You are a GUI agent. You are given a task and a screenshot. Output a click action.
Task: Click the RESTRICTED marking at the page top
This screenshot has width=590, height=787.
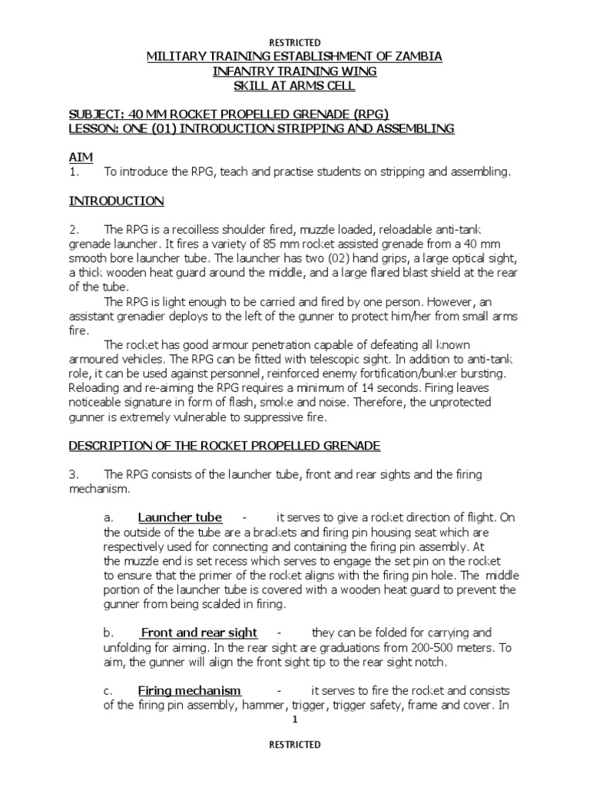[x=294, y=42]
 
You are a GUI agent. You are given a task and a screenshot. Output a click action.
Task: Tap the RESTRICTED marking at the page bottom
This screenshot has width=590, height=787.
[x=294, y=745]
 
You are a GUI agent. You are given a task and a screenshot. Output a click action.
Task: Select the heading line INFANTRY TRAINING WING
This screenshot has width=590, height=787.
[x=294, y=71]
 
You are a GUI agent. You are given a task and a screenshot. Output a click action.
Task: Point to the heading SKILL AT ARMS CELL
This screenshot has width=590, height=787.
[x=294, y=86]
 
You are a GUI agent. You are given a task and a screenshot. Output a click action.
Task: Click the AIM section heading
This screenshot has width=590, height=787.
[x=81, y=157]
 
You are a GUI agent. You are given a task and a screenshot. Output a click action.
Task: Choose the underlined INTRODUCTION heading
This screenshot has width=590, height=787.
[x=116, y=201]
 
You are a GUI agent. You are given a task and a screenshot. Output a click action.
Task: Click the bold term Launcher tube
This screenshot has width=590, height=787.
[x=180, y=517]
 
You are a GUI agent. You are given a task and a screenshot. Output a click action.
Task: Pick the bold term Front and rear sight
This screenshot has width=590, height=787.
[x=199, y=633]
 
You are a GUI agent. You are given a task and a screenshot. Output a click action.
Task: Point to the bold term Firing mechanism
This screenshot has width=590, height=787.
[x=190, y=690]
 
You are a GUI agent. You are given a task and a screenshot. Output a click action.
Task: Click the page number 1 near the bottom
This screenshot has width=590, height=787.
[x=295, y=721]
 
